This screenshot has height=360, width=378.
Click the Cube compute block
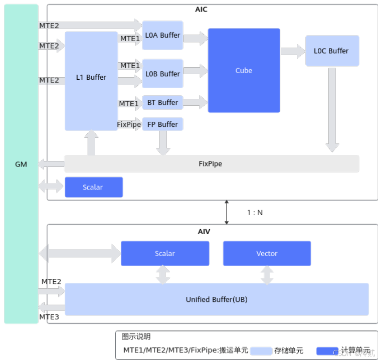244,70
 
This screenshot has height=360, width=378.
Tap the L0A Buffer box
162,35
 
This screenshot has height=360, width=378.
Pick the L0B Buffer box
162,74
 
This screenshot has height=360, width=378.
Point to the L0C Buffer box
332,51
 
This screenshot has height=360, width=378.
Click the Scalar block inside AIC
93,187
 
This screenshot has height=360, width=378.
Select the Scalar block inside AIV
165,253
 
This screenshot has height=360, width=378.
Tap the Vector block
267,253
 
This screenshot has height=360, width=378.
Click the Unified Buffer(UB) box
217,299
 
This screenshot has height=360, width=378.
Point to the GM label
21,164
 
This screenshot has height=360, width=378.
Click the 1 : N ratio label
255,213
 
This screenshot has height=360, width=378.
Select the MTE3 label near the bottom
50,317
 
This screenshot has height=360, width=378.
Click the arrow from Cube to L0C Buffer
293,51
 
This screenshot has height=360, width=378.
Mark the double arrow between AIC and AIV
227,212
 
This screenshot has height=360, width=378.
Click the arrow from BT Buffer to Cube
195,102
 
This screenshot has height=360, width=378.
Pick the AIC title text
201,10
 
